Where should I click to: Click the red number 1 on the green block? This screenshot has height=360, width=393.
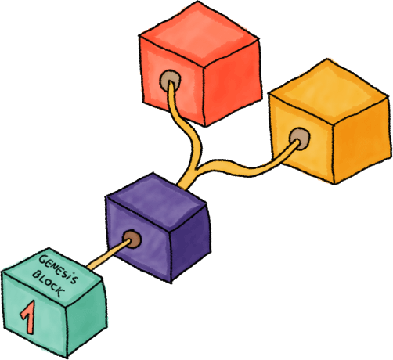point(29,317)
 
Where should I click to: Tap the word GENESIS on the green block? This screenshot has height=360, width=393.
point(59,269)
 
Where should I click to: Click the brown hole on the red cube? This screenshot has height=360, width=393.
point(170,80)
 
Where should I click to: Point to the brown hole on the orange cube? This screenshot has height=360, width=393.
point(299,139)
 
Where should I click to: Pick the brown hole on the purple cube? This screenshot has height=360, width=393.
point(132,239)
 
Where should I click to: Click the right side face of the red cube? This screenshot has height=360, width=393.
point(232,83)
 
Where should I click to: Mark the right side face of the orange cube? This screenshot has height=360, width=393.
point(362,141)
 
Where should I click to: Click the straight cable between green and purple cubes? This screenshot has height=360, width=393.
point(108,254)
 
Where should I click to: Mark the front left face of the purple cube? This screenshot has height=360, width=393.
point(139,240)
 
